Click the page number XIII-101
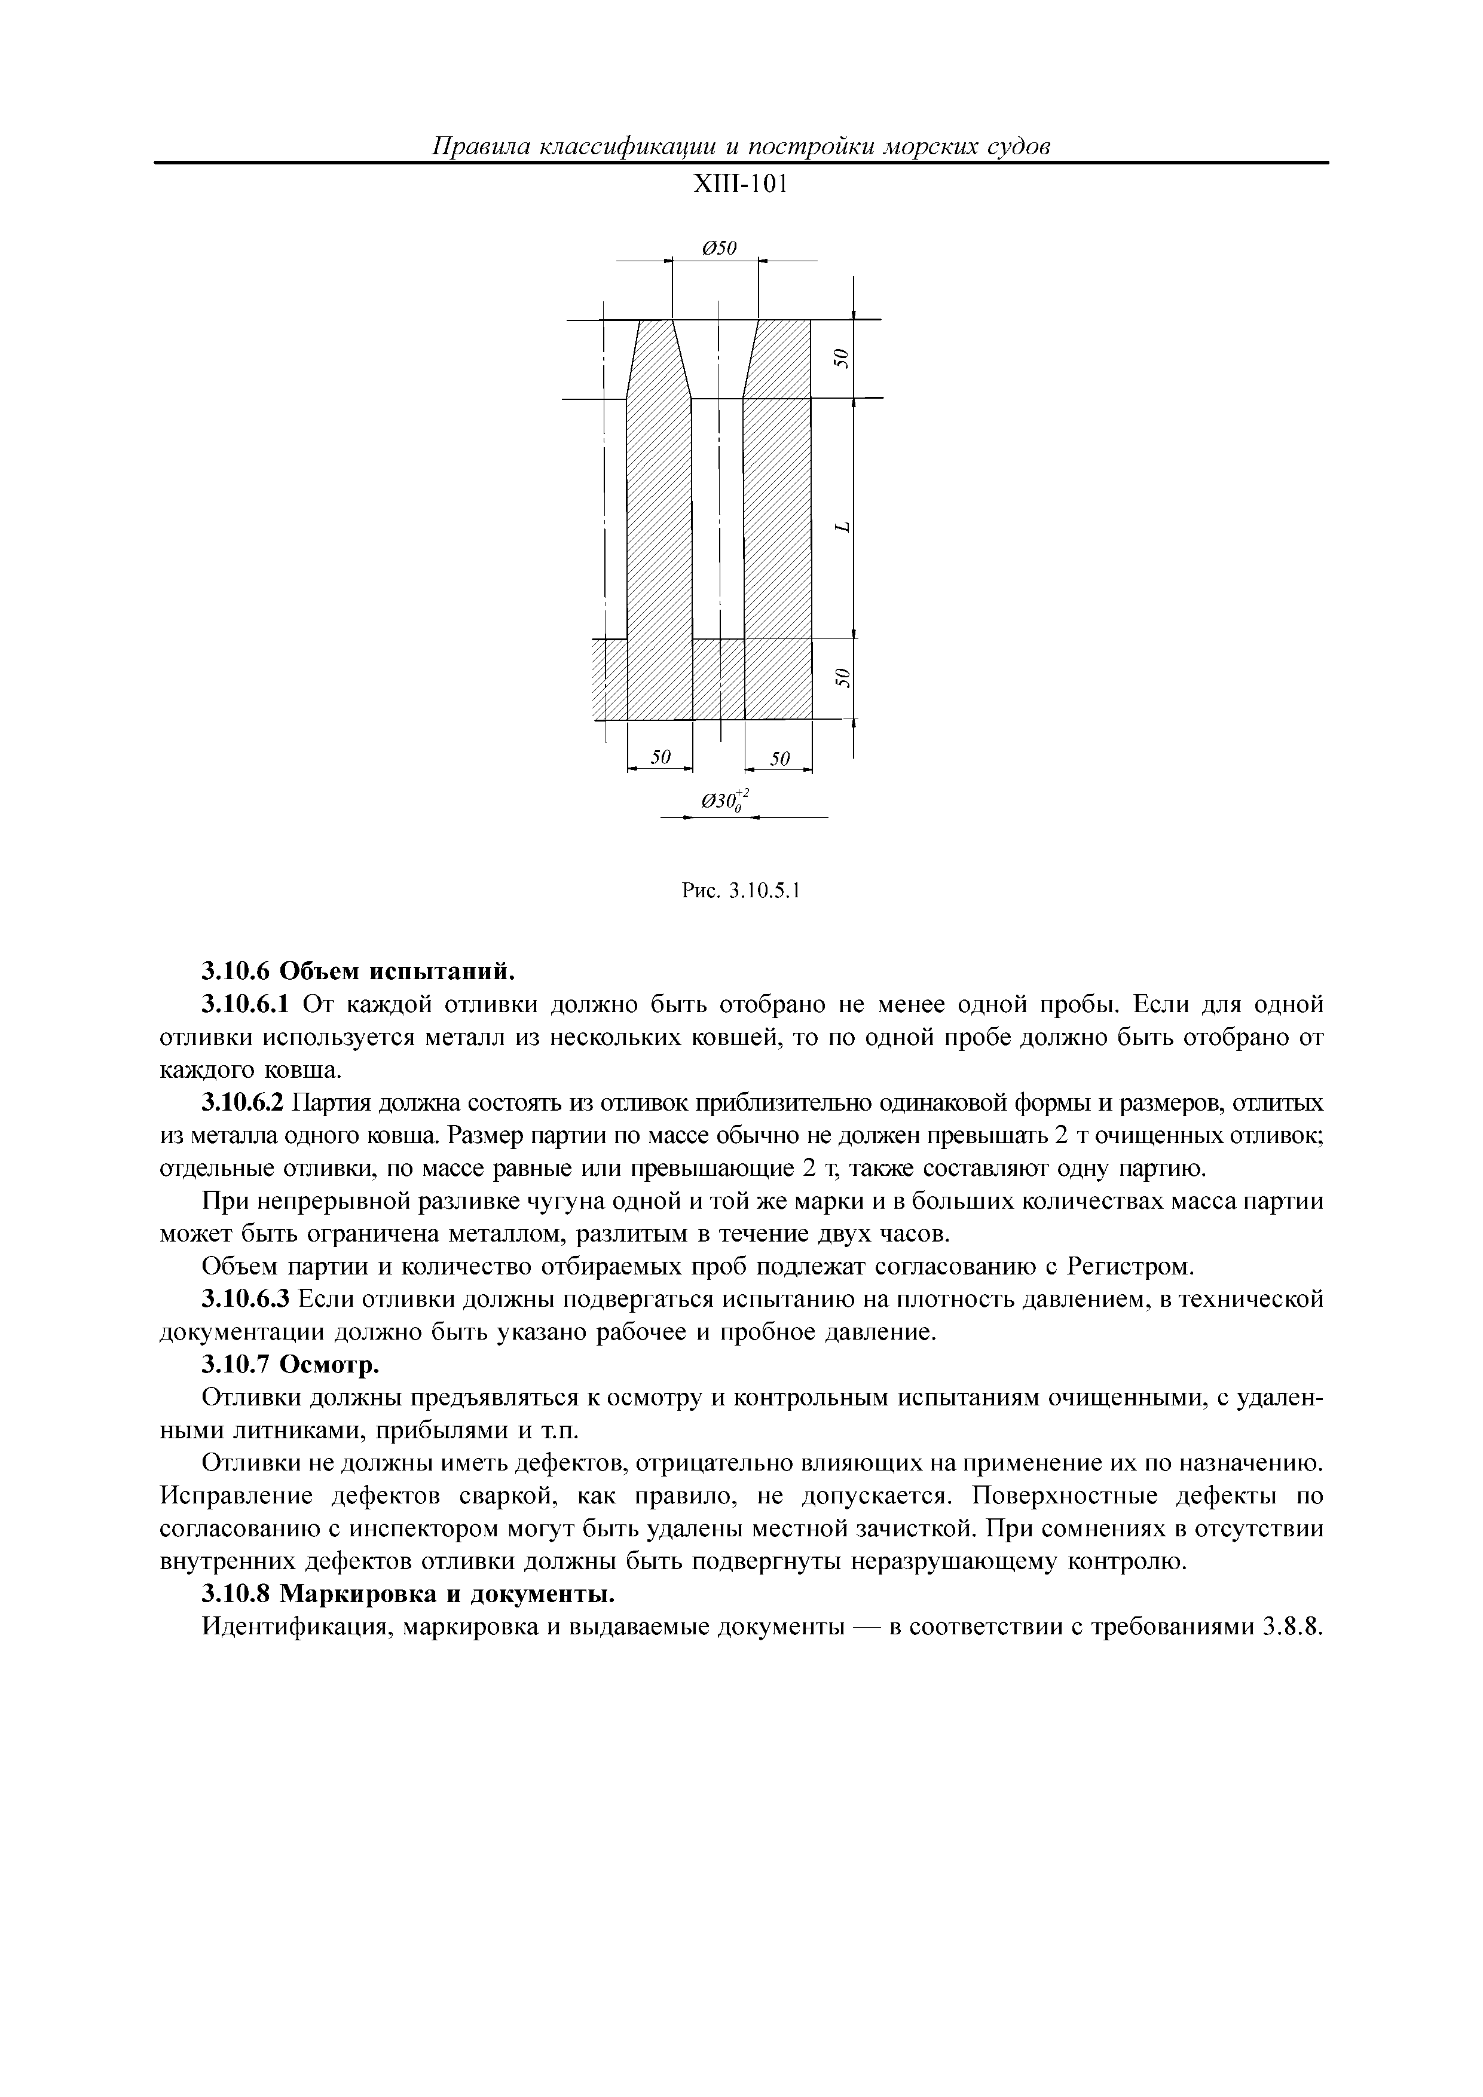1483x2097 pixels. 739,185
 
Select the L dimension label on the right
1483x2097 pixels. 843,527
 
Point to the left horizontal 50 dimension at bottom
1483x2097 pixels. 661,757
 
